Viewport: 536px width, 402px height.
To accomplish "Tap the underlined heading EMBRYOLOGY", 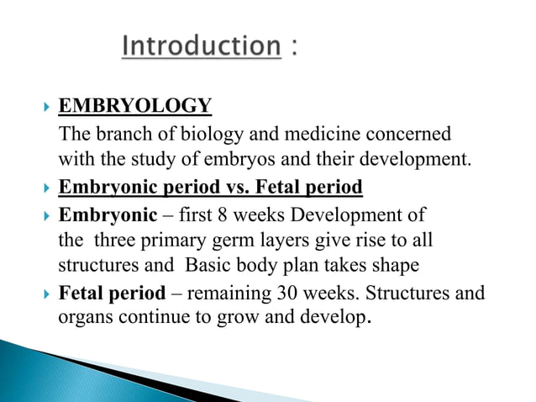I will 134,107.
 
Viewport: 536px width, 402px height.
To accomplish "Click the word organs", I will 81,320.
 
